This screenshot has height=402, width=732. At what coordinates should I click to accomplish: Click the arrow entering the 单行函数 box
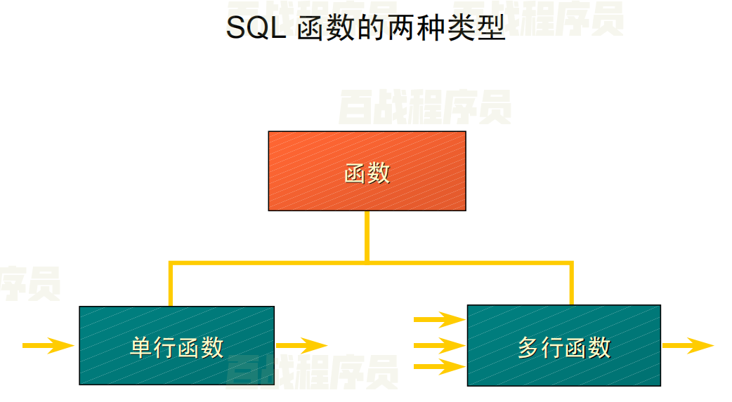tap(48, 345)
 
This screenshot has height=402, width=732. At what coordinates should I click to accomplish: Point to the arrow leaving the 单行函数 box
tap(301, 345)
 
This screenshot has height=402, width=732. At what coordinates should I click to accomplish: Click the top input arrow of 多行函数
tap(439, 321)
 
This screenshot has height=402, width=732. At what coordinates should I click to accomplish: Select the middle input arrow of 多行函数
tap(439, 345)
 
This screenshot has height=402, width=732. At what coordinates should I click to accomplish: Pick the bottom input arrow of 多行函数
tap(439, 366)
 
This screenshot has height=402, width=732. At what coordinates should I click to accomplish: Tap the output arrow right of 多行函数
tap(687, 345)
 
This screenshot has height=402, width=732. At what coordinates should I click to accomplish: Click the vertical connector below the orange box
tap(367, 236)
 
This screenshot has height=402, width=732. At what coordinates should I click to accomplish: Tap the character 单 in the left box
tap(141, 347)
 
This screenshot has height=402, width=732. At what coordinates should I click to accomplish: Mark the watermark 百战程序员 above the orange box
tap(424, 107)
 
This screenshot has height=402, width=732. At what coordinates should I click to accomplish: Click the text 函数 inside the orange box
tap(367, 173)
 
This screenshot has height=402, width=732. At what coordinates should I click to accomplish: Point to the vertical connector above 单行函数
tap(171, 285)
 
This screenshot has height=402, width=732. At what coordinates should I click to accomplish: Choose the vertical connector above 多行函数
tap(571, 284)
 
